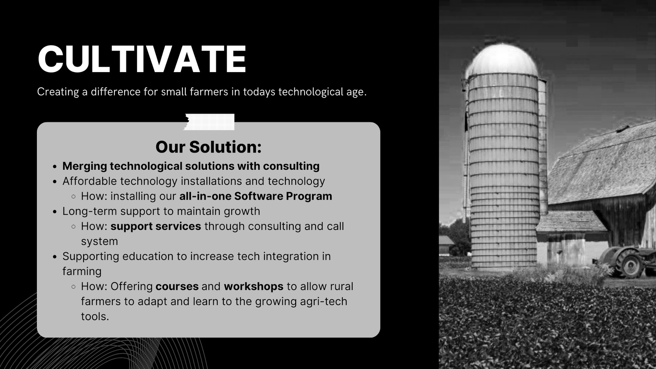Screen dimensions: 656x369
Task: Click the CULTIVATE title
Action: [142, 59]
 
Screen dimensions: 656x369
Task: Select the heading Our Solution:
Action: [208, 147]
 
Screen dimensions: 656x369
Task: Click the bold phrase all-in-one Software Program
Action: [256, 196]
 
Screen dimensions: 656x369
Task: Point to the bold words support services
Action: [156, 226]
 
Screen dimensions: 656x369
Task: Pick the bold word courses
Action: [177, 286]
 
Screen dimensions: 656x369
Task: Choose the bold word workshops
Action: [254, 286]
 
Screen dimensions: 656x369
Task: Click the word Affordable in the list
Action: [90, 181]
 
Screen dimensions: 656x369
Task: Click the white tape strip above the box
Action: [209, 122]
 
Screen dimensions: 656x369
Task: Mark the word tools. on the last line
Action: [95, 316]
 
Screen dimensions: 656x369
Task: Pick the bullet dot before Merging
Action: [55, 166]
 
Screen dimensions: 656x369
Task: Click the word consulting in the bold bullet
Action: [291, 166]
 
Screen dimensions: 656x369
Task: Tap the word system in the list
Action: [100, 241]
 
